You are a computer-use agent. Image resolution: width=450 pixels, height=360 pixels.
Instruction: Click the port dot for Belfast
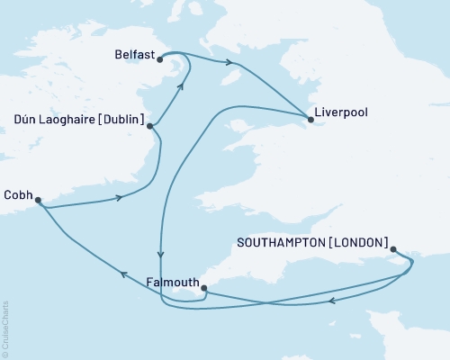[159, 59]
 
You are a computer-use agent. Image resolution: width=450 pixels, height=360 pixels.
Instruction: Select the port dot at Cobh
[38, 202]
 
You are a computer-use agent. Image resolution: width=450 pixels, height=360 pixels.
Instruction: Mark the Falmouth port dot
[204, 289]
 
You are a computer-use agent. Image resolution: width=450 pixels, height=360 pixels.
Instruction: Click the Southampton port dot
[393, 252]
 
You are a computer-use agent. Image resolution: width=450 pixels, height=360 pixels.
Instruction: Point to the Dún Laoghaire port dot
[149, 126]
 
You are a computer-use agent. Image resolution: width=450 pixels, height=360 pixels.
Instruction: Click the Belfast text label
[133, 54]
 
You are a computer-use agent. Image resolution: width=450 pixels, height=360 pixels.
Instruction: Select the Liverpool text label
[341, 116]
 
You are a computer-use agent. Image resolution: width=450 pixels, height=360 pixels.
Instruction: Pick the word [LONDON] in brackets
[359, 243]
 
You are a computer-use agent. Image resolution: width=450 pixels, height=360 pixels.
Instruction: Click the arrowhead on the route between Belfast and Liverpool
[232, 63]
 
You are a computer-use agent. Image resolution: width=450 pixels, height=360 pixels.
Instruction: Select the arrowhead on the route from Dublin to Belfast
[181, 86]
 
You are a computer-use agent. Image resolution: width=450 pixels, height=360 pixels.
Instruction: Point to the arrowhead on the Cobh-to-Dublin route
[118, 199]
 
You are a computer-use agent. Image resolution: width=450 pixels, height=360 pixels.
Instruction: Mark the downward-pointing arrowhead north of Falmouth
[161, 254]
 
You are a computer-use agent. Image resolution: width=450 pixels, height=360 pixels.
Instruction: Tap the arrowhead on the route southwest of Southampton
[332, 301]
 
